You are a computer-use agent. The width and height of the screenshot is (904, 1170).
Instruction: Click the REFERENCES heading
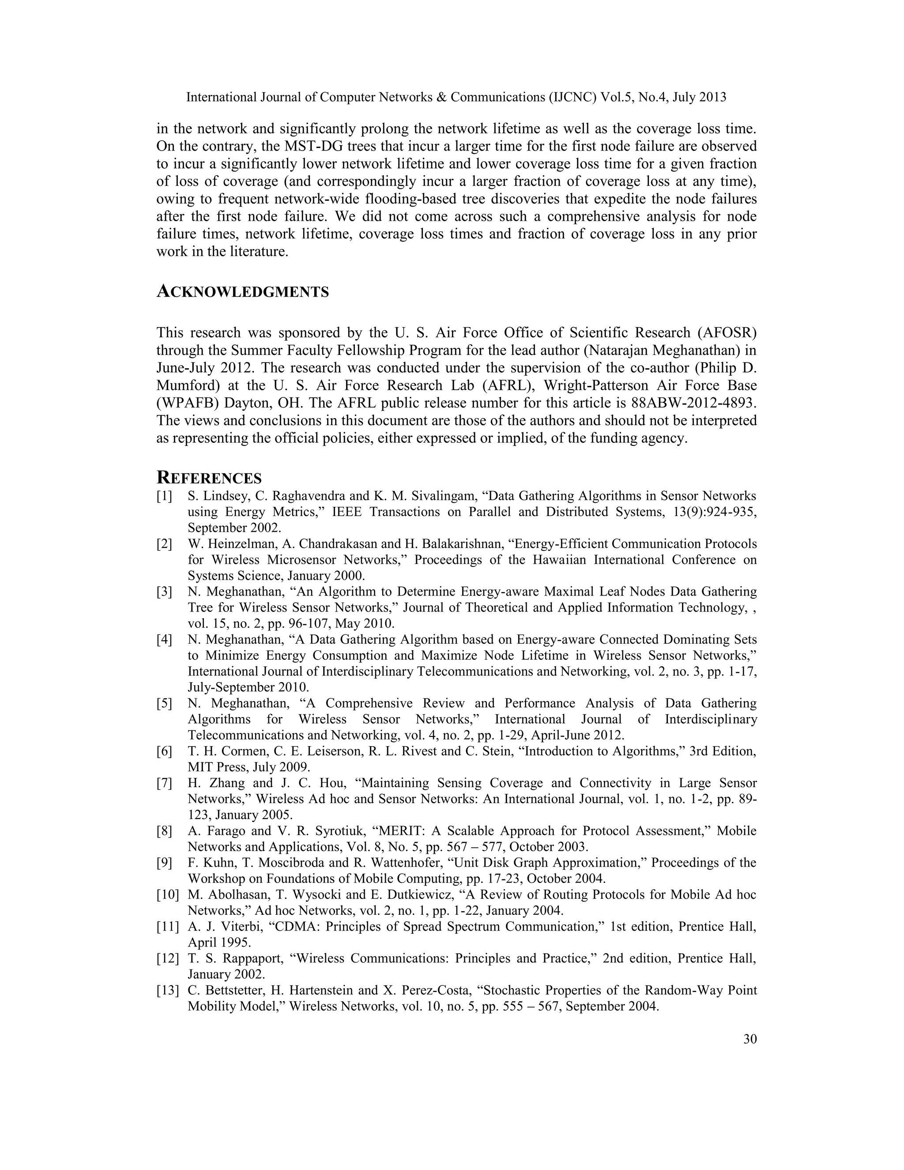pyautogui.click(x=209, y=478)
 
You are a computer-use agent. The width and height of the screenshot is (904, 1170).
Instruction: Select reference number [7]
pyautogui.click(x=164, y=783)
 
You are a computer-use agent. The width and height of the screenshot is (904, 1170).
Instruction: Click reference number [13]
pyautogui.click(x=167, y=990)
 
